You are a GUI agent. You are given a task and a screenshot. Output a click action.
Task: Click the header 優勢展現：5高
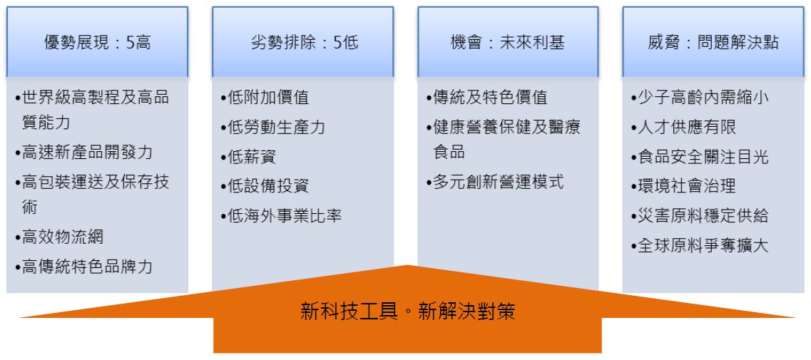point(97,42)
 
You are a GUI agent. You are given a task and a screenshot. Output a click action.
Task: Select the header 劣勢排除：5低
point(305,42)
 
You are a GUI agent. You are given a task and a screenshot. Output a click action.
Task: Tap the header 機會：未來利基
point(508,42)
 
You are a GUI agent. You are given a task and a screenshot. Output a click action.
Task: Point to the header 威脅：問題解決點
point(713,42)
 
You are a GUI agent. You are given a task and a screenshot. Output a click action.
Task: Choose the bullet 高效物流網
point(59,237)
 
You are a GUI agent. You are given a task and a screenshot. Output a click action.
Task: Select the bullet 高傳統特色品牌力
point(83,267)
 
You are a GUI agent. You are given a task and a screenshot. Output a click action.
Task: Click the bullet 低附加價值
point(265,97)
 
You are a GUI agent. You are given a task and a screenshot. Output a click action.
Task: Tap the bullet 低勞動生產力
point(272,127)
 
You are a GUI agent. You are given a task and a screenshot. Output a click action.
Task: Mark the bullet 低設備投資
point(265,185)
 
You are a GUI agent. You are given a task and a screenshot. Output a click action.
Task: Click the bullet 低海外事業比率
point(281,215)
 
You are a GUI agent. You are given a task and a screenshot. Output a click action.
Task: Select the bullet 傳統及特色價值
point(486,97)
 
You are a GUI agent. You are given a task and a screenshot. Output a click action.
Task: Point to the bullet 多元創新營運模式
point(495,182)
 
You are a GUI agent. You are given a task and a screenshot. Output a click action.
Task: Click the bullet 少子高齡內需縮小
point(700,97)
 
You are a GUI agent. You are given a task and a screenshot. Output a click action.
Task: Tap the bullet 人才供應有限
point(683,127)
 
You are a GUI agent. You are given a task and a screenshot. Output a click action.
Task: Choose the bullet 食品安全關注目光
point(700,156)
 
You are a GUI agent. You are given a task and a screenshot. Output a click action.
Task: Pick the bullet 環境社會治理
point(683,185)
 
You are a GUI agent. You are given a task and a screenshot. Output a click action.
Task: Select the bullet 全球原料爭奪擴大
point(700,245)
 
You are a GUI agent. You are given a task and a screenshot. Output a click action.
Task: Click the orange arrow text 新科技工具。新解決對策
point(407,312)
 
